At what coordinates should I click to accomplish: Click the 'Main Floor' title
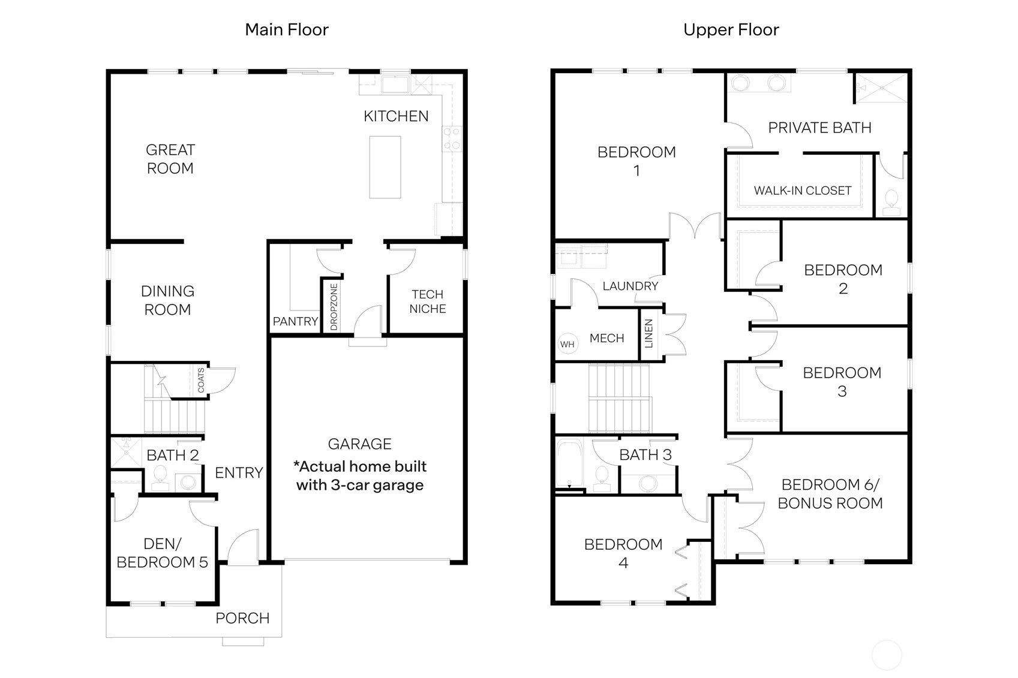(x=287, y=29)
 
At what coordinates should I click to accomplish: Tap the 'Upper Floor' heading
(x=731, y=29)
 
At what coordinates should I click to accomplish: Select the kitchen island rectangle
(x=385, y=167)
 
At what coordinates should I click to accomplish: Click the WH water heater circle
(x=567, y=344)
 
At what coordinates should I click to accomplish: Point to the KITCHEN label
(x=396, y=116)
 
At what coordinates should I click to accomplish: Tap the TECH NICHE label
(x=427, y=302)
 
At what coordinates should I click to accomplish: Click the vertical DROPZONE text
(x=334, y=306)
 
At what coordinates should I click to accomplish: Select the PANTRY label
(x=295, y=321)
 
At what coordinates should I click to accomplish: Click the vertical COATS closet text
(x=201, y=381)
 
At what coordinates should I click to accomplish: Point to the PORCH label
(x=242, y=618)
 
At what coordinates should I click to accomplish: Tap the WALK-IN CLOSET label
(x=802, y=191)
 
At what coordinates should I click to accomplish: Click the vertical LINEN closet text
(x=648, y=334)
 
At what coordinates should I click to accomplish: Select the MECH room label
(x=606, y=338)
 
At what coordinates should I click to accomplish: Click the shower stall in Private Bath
(x=880, y=88)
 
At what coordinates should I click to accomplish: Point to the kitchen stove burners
(x=451, y=138)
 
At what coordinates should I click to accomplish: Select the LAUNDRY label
(x=630, y=286)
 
